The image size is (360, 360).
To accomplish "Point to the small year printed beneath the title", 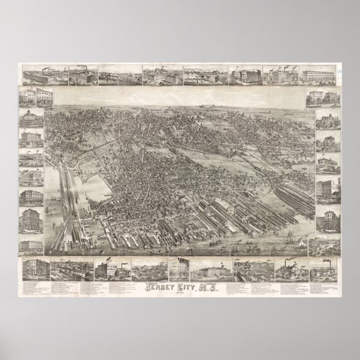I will (180, 295).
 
